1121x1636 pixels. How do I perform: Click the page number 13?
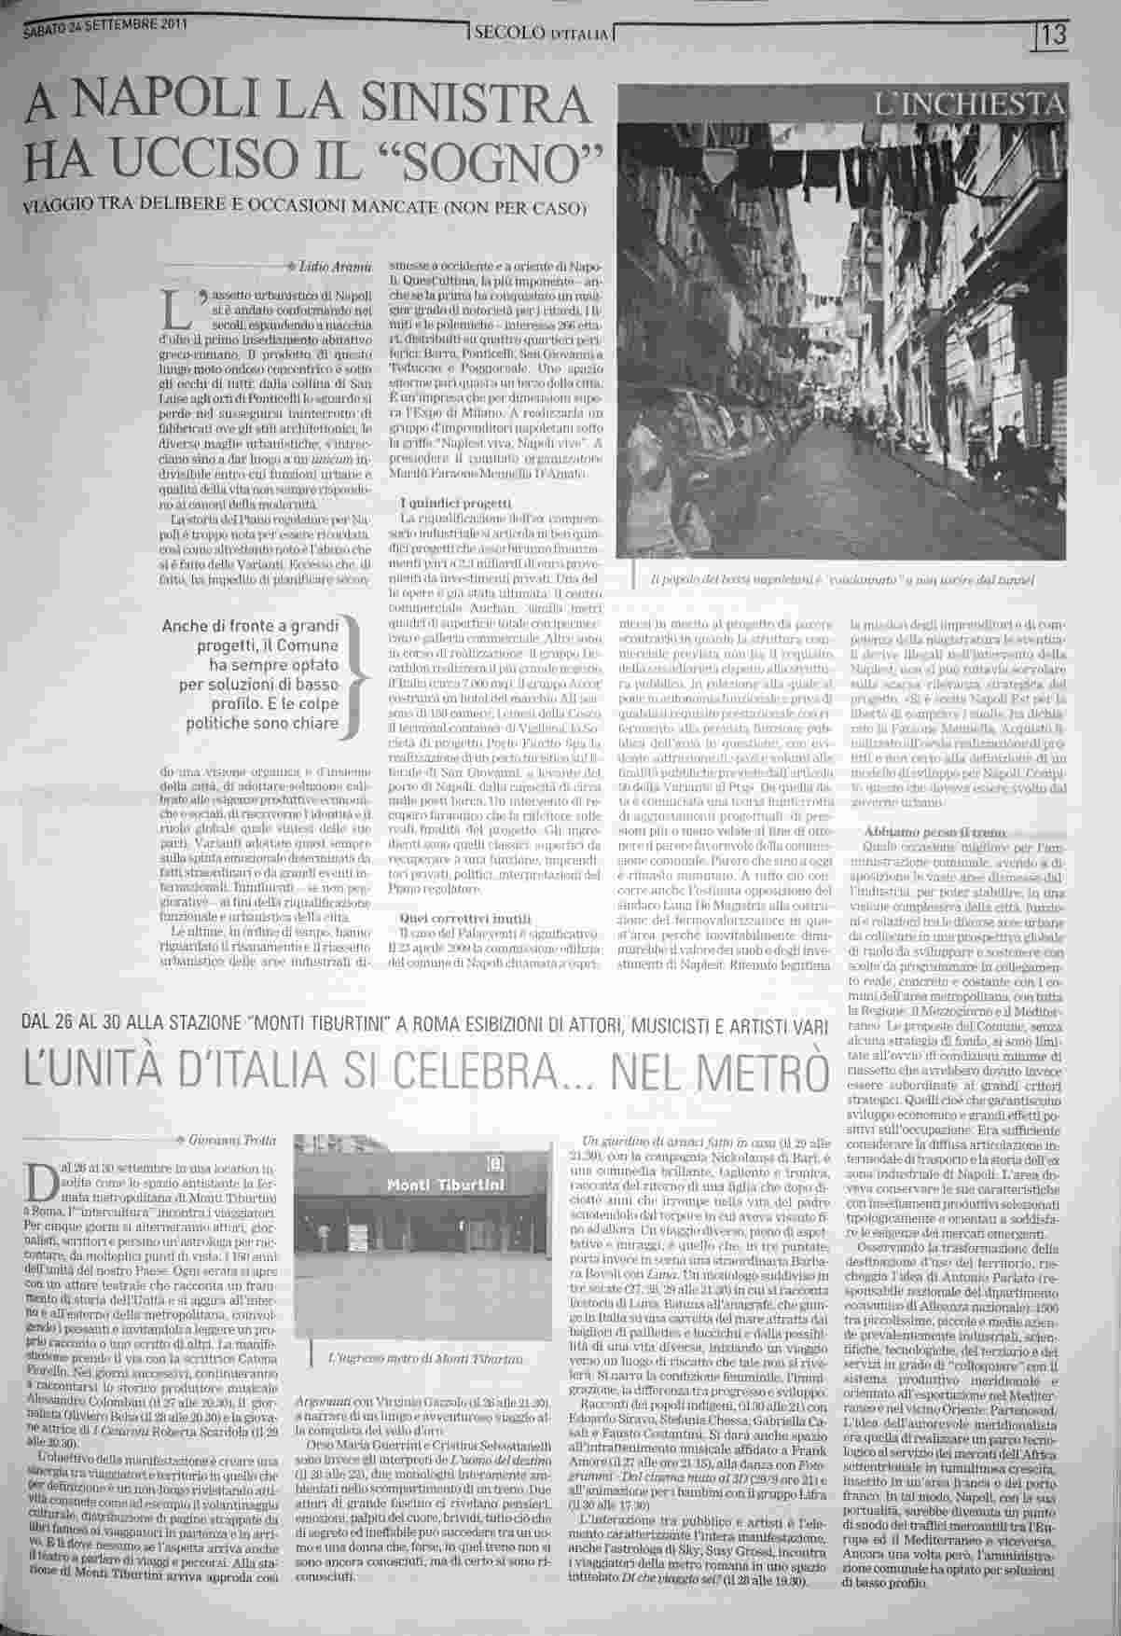click(x=1055, y=37)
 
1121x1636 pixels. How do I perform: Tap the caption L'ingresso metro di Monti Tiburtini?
click(x=426, y=1358)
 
